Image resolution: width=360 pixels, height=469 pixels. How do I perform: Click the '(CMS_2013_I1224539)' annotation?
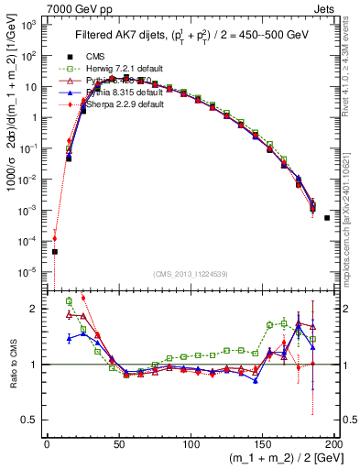tap(190, 274)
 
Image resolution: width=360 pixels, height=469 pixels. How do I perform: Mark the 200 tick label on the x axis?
tap(333, 445)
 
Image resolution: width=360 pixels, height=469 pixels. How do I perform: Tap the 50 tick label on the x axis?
tap(118, 445)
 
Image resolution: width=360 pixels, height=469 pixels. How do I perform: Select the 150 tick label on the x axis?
tap(261, 445)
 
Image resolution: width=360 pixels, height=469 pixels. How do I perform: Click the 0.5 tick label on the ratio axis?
tap(33, 420)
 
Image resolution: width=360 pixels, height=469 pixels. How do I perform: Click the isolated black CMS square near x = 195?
tap(327, 218)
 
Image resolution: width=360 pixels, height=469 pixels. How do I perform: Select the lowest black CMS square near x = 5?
tap(54, 251)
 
